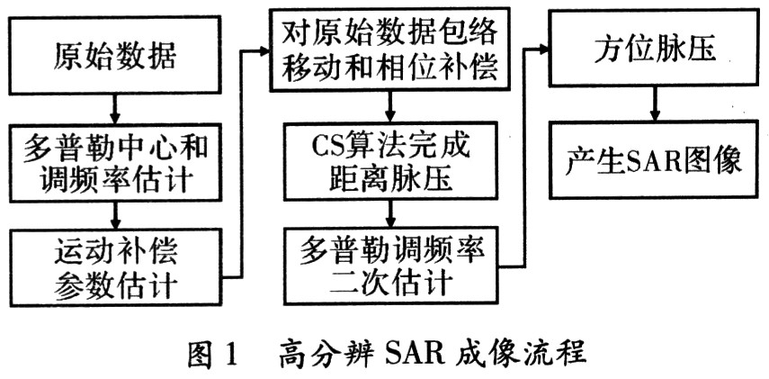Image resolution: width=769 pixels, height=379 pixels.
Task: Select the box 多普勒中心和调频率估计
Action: point(113,165)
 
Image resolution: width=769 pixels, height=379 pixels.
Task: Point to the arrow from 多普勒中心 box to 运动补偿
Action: point(114,216)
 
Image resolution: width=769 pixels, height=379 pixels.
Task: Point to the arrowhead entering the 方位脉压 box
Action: point(543,50)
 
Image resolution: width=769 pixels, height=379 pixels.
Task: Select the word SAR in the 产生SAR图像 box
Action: point(652,160)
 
